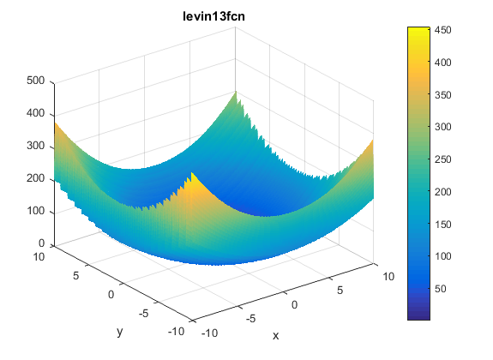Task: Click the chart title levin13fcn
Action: click(x=213, y=15)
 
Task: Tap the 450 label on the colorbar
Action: click(x=443, y=30)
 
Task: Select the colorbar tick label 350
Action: click(x=443, y=95)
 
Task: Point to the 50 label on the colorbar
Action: click(x=440, y=289)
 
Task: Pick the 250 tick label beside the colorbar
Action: click(x=443, y=159)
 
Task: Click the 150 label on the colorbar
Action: click(x=443, y=225)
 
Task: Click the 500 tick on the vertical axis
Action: click(x=35, y=81)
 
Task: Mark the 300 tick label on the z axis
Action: click(x=35, y=146)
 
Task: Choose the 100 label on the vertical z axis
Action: click(x=35, y=211)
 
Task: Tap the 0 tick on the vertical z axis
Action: click(x=41, y=243)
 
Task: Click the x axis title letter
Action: click(x=276, y=336)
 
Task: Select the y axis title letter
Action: click(x=119, y=332)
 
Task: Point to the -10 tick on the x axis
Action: click(x=209, y=333)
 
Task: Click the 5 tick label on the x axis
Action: click(x=340, y=291)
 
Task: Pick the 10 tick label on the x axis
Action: click(x=388, y=276)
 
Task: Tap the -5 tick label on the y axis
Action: click(x=143, y=313)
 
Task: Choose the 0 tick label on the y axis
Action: click(x=111, y=295)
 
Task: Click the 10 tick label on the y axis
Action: click(x=39, y=257)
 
